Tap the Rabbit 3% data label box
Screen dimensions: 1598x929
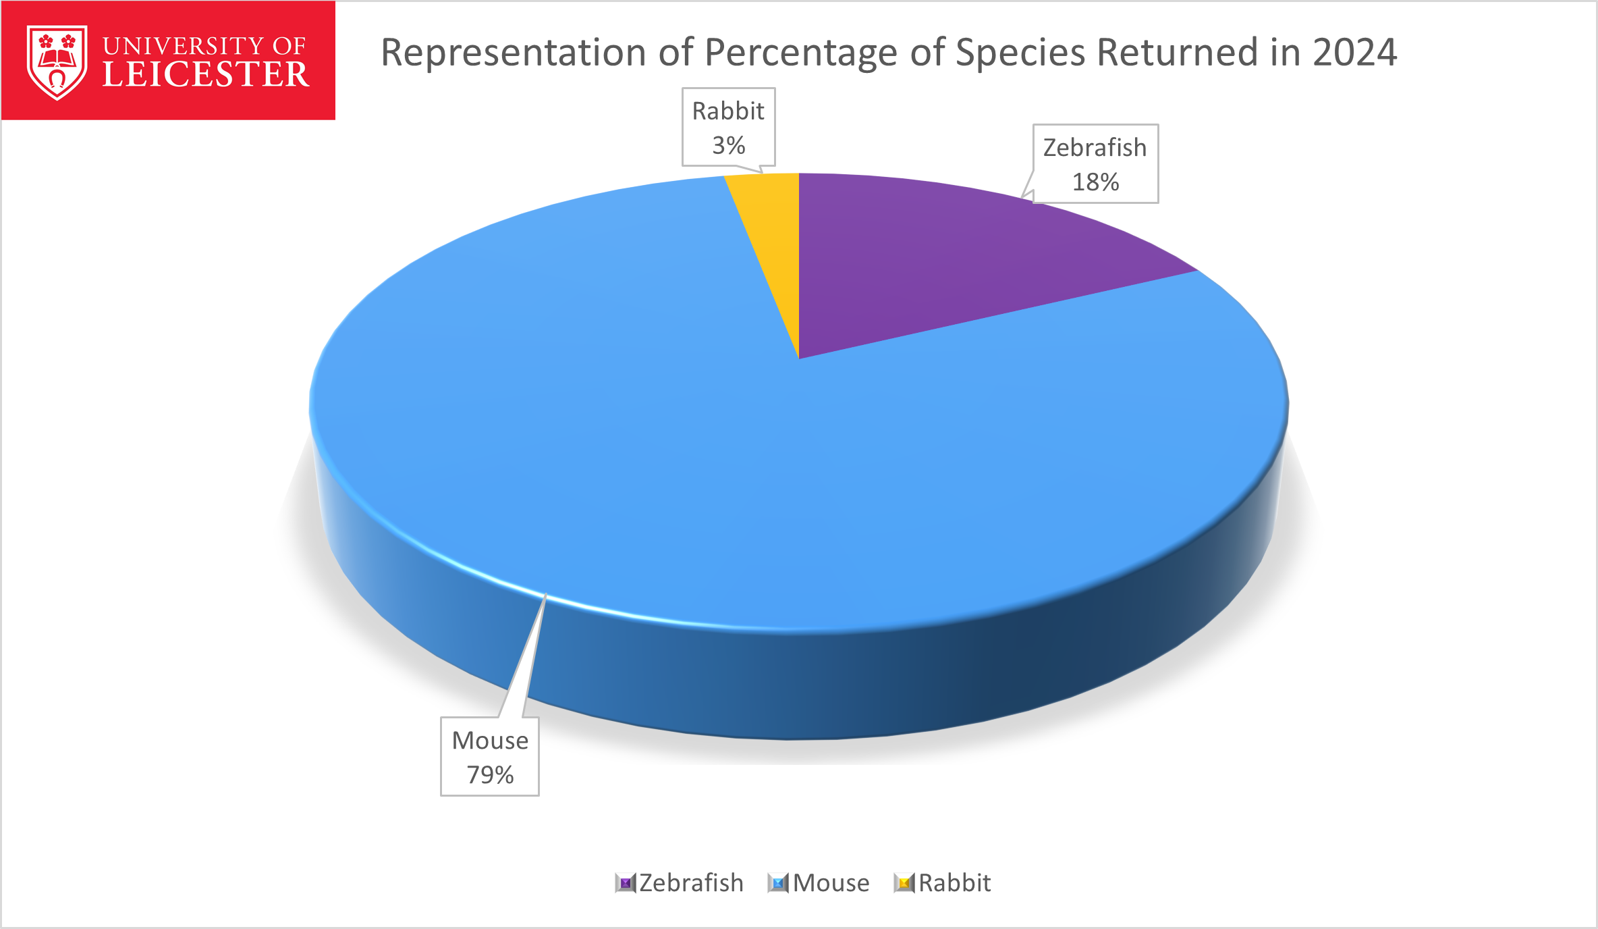[729, 127]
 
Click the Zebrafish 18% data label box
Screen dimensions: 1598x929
[1096, 164]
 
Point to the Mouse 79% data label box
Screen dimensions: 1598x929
[490, 757]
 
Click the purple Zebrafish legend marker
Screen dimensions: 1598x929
[626, 883]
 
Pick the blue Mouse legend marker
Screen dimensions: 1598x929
[778, 883]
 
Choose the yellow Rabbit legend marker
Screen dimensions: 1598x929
[904, 883]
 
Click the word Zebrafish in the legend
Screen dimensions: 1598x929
[691, 883]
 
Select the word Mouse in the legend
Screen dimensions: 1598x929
[831, 883]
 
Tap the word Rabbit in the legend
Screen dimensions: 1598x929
[955, 883]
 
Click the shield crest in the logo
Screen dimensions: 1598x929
[57, 62]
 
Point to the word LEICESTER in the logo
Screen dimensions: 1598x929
[206, 74]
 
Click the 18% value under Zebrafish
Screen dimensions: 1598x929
[1096, 182]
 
